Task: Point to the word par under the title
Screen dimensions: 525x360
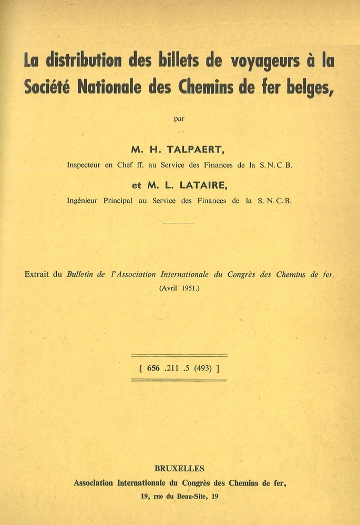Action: [x=179, y=118]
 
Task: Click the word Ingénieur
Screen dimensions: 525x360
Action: [x=87, y=200]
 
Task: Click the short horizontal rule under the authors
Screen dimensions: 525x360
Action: [x=178, y=223]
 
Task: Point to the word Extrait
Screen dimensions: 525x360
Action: [x=44, y=274]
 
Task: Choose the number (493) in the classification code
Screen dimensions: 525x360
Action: [x=203, y=368]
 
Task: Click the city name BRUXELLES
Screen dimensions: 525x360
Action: [x=180, y=468]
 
